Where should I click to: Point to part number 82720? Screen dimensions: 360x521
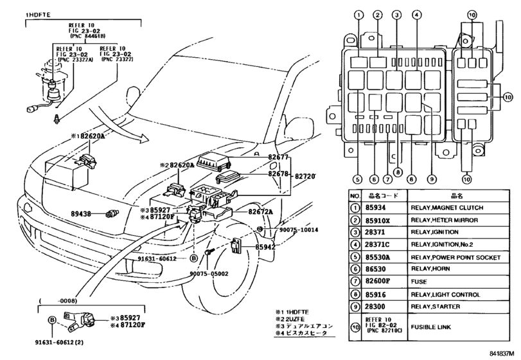307,175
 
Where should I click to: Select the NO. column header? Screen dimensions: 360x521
354,195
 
